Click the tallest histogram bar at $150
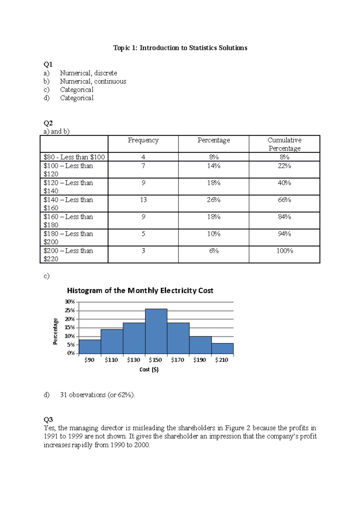(156, 331)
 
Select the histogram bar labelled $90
(90, 347)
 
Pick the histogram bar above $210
(222, 349)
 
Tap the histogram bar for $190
(200, 345)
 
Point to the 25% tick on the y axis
(70, 311)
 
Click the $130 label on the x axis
(133, 360)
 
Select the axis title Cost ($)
(149, 370)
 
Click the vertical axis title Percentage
(55, 331)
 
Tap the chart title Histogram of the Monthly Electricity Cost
(140, 290)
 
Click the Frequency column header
(143, 140)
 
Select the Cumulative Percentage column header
(284, 144)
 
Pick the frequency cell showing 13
(143, 200)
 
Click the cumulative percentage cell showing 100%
(284, 251)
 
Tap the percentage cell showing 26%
(214, 200)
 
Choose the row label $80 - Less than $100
(74, 157)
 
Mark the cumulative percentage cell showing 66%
(284, 200)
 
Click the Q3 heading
(48, 419)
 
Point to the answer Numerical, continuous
(93, 81)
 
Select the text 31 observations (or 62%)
(97, 395)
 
